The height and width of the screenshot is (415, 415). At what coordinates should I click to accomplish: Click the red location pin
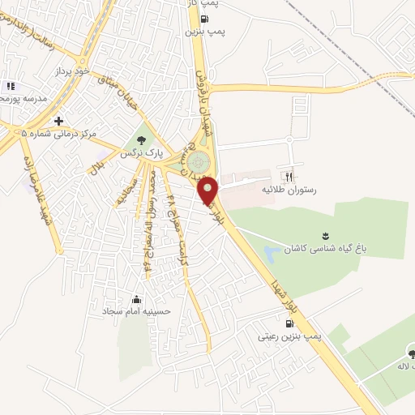click(209, 190)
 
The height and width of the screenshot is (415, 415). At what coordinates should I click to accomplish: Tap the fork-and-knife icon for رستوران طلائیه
click(286, 176)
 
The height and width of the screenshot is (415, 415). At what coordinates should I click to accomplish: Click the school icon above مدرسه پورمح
click(10, 86)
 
